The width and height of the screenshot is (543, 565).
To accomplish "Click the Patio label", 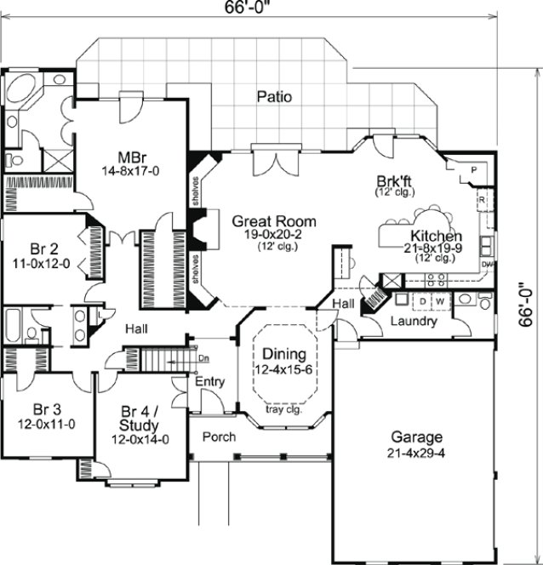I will [273, 97].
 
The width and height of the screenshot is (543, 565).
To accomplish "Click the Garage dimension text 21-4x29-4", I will [417, 453].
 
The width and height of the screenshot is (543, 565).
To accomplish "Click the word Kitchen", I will [436, 236].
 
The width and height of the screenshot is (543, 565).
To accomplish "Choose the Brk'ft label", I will [395, 180].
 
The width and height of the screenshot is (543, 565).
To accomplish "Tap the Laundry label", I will [414, 322].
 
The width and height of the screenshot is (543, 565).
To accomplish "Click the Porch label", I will [219, 437].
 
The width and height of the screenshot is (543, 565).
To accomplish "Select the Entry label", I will [210, 382].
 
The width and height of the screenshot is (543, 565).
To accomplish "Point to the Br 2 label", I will [44, 249].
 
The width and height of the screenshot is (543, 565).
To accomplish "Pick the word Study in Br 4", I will [140, 425].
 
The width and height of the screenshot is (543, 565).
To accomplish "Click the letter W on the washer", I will [441, 301].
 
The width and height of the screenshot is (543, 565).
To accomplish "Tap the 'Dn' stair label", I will [204, 358].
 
